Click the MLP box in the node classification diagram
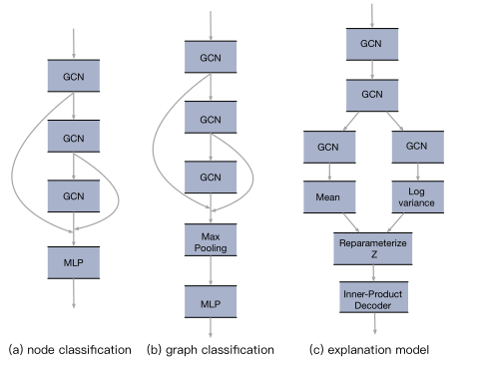(75, 262)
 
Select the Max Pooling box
(209, 239)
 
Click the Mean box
(329, 196)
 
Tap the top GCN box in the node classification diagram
(75, 76)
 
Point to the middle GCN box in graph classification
(209, 120)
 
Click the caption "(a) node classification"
(70, 350)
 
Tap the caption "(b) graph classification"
(210, 350)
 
